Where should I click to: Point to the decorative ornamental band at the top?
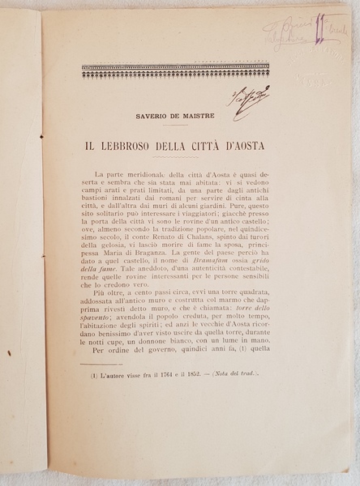(175, 71)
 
